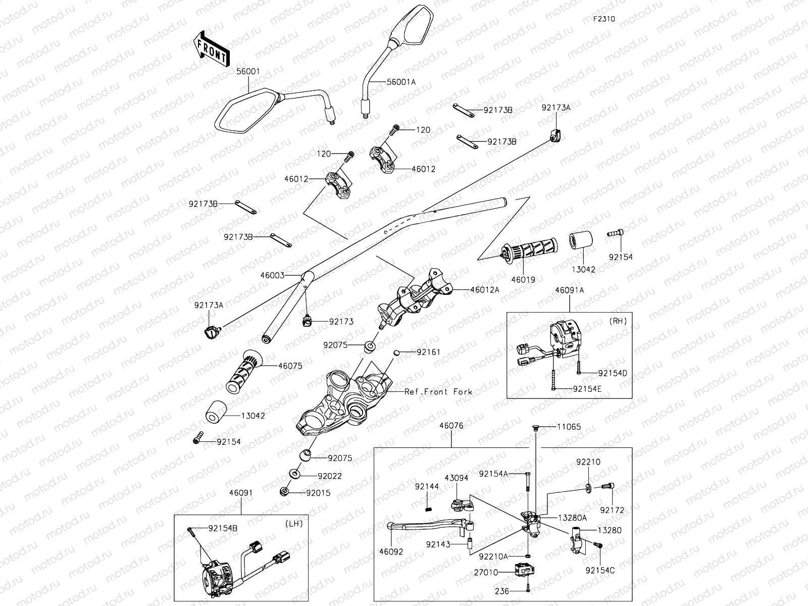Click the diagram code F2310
point(604,19)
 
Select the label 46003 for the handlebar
point(273,276)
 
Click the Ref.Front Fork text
point(439,391)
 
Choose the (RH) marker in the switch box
point(618,321)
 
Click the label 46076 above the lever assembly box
point(451,426)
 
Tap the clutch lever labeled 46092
point(429,526)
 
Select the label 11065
point(569,427)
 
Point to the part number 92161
point(429,351)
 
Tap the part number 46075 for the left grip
point(290,366)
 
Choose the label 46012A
point(484,290)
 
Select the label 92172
point(612,511)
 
